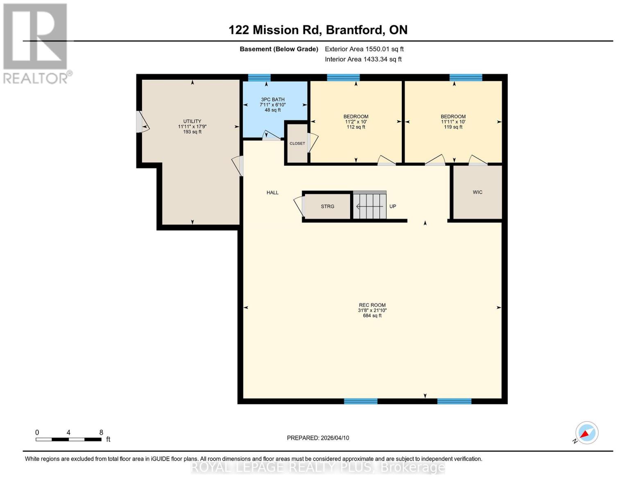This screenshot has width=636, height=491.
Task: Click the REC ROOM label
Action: coord(372,305)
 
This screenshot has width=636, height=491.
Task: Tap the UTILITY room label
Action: coord(192,122)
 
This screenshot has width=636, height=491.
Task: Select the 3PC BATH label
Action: coord(273,99)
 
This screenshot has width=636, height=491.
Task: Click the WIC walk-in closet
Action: coord(478,192)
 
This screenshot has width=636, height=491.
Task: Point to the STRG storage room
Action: coord(328,207)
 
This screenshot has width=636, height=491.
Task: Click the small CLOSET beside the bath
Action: coord(297,144)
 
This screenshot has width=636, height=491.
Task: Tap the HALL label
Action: coord(272,193)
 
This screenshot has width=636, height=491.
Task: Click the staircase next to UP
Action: coord(369,206)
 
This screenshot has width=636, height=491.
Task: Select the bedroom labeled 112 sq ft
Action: coord(356,122)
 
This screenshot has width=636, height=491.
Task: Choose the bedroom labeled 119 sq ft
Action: coord(453,122)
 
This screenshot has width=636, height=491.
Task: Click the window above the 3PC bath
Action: coord(259,77)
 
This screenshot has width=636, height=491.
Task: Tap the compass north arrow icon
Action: coord(586,433)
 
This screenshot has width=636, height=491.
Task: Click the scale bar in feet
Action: coord(68,439)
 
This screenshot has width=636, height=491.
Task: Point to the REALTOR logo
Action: coord(36,43)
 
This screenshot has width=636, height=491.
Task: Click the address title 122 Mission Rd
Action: coord(318,30)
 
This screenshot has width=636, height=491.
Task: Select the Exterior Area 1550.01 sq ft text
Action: coord(364,49)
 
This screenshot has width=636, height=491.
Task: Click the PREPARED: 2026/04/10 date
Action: coord(318,438)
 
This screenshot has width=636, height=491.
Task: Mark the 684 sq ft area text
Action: coord(372,316)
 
